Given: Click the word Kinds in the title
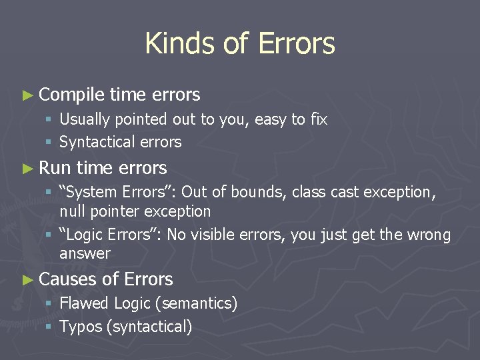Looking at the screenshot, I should [x=175, y=44].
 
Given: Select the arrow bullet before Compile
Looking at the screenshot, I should [x=27, y=95].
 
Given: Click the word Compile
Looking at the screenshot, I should [x=72, y=95].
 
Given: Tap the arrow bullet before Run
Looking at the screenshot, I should [x=27, y=167].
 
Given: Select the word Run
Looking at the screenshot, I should [x=55, y=167].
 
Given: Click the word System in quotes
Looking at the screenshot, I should [x=90, y=192].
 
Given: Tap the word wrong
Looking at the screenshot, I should [x=429, y=235].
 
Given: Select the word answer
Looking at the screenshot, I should [x=85, y=254].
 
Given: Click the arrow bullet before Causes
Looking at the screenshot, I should [x=27, y=279].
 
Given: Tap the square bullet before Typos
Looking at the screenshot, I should [x=50, y=327].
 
